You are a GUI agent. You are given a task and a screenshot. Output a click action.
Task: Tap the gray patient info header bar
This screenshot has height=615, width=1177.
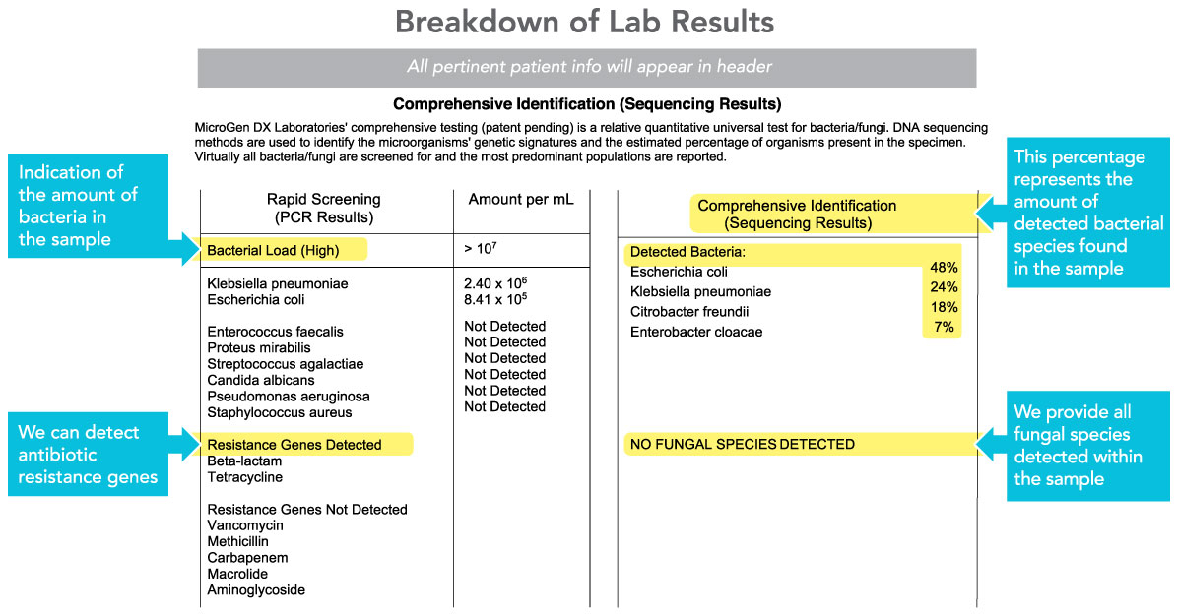click(x=586, y=68)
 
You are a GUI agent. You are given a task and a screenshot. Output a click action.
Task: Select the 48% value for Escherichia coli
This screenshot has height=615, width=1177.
click(x=944, y=268)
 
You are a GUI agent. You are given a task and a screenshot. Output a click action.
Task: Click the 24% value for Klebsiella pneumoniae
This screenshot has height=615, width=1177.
click(x=944, y=287)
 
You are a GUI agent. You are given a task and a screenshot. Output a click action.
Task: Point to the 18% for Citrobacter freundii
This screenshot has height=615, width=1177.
click(x=944, y=308)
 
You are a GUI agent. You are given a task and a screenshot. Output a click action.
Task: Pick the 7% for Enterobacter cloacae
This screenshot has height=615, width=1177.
click(x=944, y=328)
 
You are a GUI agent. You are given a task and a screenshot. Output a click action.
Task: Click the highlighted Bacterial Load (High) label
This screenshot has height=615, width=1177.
click(x=273, y=251)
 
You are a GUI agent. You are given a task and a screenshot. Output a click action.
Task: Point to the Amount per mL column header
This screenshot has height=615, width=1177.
click(x=521, y=200)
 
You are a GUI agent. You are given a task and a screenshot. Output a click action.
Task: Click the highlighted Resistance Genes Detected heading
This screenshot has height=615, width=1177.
click(x=294, y=445)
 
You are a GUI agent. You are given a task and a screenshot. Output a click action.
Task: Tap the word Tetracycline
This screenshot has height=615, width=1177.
click(x=244, y=477)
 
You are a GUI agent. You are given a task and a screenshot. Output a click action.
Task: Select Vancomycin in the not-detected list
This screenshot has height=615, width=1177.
click(x=244, y=525)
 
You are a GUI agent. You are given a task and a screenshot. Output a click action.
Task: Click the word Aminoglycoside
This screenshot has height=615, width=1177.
click(x=256, y=590)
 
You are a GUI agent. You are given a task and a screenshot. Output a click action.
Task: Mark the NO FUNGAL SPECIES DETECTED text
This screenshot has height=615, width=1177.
click(x=743, y=445)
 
